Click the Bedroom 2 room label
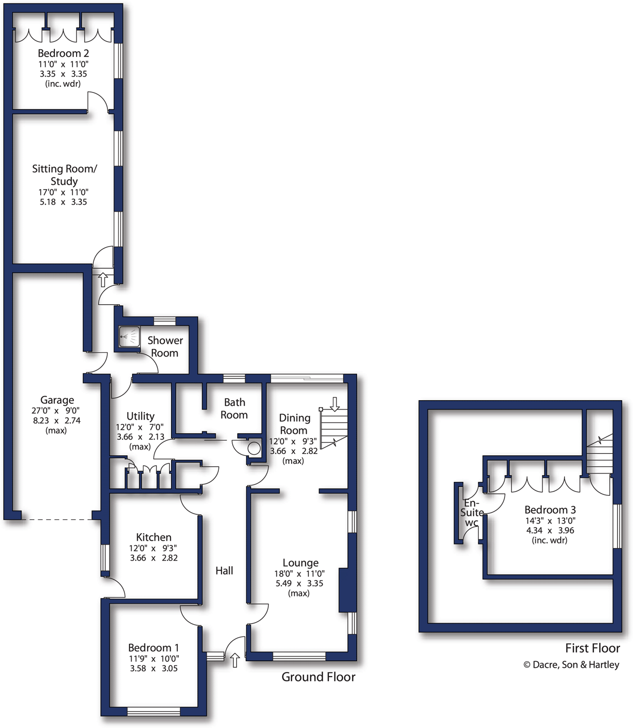[63, 53]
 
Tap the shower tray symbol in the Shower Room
[129, 337]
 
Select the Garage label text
[57, 400]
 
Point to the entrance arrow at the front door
[235, 660]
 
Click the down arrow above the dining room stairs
[334, 404]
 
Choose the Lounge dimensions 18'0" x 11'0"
[300, 573]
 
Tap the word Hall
[224, 570]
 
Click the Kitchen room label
[154, 537]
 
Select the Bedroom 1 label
[154, 647]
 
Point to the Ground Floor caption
[318, 677]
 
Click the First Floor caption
[592, 648]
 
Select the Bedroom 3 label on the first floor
[550, 510]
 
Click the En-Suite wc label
[472, 513]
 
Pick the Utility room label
[140, 416]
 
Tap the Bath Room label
[234, 408]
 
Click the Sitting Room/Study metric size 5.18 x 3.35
[64, 202]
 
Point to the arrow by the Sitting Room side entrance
[103, 279]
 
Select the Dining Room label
[294, 424]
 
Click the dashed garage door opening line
[57, 519]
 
